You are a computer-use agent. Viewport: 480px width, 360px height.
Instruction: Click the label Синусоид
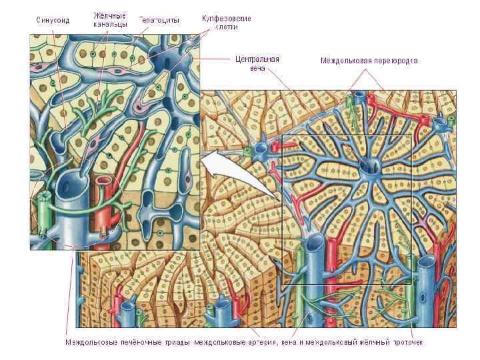(52, 20)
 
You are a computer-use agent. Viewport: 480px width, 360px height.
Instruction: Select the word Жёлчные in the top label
(110, 15)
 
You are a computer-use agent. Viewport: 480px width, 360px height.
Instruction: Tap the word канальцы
(110, 24)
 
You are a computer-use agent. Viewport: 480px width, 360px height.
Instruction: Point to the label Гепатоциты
(159, 20)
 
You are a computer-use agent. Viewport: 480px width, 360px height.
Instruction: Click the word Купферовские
(226, 19)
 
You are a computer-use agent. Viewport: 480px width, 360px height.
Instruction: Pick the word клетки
(226, 28)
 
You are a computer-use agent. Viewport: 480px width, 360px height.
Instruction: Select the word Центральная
(257, 59)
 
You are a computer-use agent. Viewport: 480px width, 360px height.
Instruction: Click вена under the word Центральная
(257, 68)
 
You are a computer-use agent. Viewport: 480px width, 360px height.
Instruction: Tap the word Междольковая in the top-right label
(347, 60)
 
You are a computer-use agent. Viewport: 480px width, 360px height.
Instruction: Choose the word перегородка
(397, 60)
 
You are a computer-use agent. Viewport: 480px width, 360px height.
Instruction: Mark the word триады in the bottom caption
(175, 343)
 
